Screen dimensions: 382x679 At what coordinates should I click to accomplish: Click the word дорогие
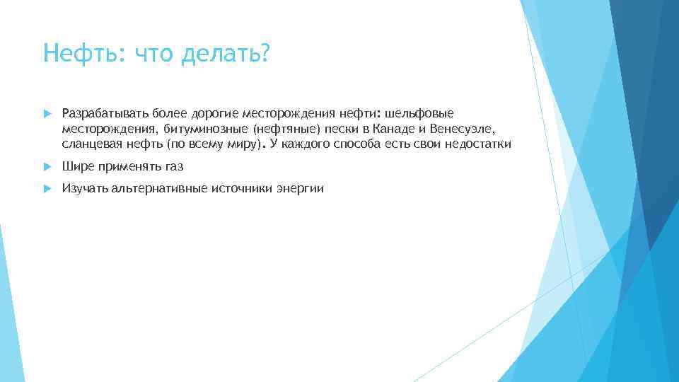click(x=212, y=113)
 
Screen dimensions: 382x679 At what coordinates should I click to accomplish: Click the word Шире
click(x=76, y=167)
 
